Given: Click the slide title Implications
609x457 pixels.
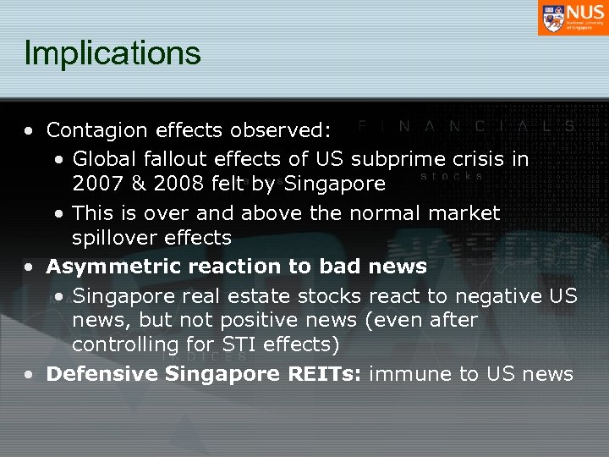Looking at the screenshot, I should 112,52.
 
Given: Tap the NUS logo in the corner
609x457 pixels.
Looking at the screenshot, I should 572,18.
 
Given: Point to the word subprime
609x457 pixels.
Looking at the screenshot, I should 398,159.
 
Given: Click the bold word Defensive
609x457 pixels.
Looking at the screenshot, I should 97,374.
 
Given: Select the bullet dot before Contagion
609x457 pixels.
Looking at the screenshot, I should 30,131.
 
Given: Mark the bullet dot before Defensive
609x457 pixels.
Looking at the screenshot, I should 30,375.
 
